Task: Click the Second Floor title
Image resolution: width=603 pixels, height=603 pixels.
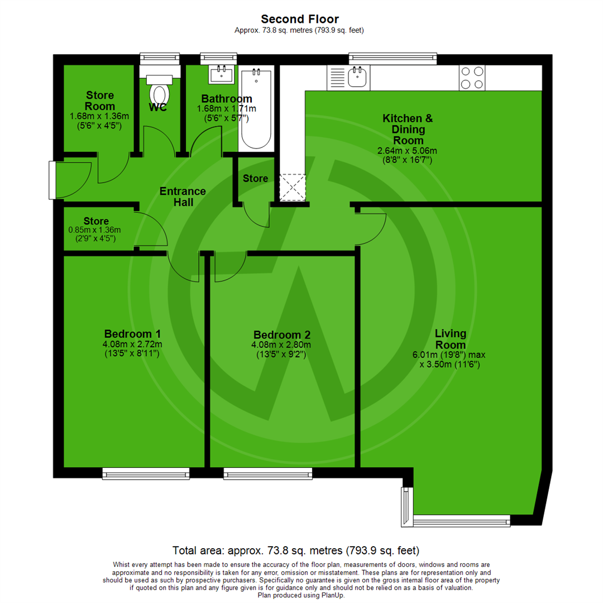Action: point(301,20)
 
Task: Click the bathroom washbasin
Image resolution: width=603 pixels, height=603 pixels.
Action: point(222,74)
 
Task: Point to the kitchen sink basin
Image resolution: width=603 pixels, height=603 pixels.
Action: point(357,77)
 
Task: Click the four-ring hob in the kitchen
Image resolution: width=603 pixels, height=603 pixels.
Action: point(472,78)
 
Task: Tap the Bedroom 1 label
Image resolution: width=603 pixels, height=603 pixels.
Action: point(128,334)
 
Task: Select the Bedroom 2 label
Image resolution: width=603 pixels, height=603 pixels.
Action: point(282,334)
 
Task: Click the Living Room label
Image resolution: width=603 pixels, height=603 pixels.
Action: point(451,339)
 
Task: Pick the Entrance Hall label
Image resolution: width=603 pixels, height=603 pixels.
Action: point(183,197)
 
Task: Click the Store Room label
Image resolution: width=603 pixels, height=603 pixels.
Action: point(100,100)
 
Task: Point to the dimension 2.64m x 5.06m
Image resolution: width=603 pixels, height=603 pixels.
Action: point(407,150)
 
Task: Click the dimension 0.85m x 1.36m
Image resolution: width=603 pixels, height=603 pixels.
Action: point(98,229)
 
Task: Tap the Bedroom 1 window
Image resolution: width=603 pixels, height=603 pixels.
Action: point(146,474)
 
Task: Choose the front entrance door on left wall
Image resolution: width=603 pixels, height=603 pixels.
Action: point(52,180)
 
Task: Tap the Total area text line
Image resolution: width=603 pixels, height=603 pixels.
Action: point(296,549)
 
